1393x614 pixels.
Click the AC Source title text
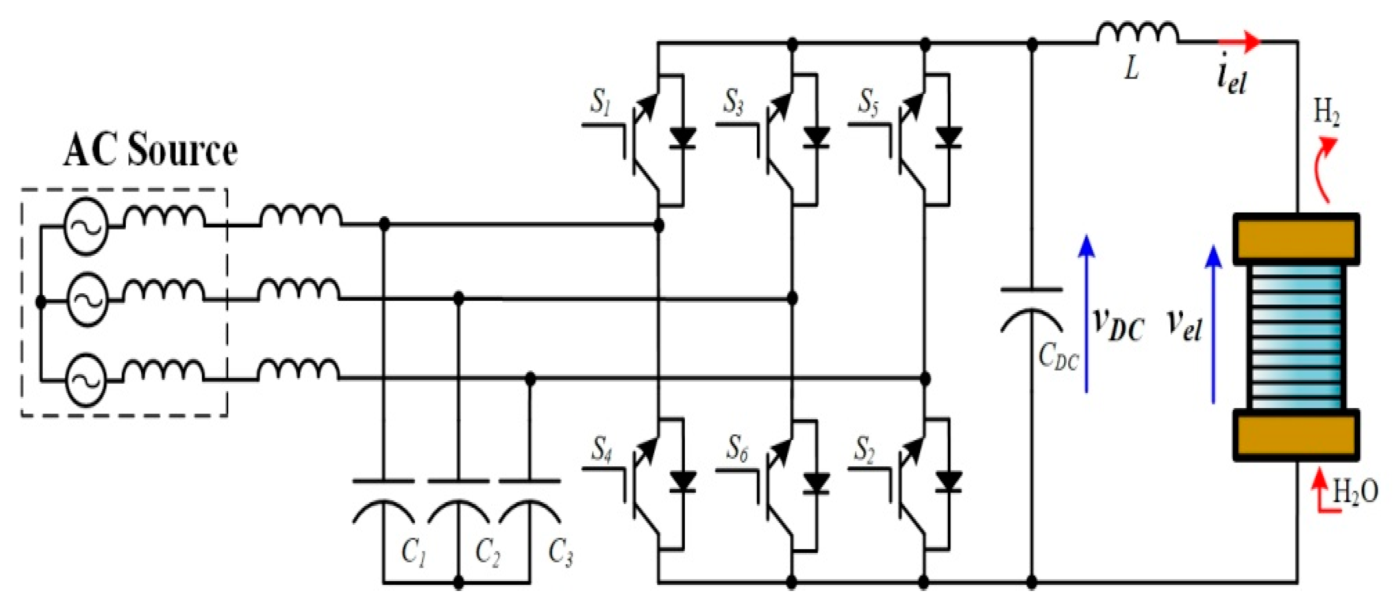pyautogui.click(x=150, y=151)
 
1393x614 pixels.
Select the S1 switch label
pyautogui.click(x=601, y=101)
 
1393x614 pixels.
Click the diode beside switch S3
pyautogui.click(x=816, y=137)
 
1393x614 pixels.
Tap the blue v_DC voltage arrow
pyautogui.click(x=1086, y=314)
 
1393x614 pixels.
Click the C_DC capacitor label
pyautogui.click(x=1058, y=357)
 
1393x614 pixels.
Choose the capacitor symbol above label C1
pyautogui.click(x=383, y=500)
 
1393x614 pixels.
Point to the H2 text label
pyautogui.click(x=1326, y=114)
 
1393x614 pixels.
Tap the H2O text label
pyautogui.click(x=1355, y=491)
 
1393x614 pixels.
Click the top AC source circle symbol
pyautogui.click(x=85, y=226)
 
